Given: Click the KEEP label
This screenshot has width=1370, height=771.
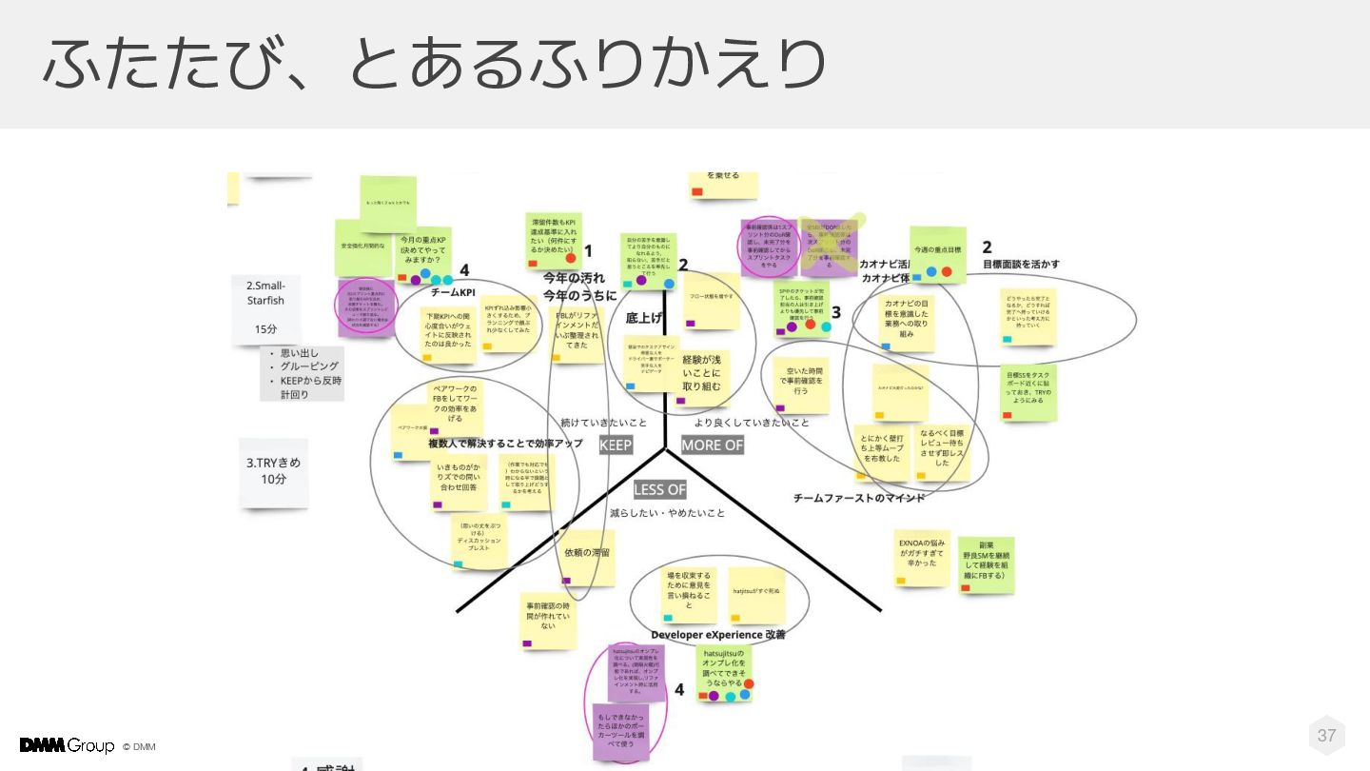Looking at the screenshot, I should click(x=616, y=445).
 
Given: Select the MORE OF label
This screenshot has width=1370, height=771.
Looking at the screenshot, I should click(x=712, y=445).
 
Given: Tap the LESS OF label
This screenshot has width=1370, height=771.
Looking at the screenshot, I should click(x=659, y=489).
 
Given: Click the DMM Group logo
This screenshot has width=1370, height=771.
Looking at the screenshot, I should click(x=67, y=745).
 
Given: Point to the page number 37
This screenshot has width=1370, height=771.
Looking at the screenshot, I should click(x=1326, y=735).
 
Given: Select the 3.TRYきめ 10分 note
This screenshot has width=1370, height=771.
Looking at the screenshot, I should click(x=274, y=471).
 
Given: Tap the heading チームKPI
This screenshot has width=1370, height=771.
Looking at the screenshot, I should click(x=453, y=292).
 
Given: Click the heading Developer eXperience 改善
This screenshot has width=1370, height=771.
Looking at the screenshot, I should click(x=718, y=634).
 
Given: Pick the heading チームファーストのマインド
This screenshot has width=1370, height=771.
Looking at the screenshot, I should click(x=859, y=497).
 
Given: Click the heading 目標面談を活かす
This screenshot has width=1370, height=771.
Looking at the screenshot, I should click(x=1021, y=264).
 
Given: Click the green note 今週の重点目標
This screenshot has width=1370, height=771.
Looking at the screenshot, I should click(x=937, y=252).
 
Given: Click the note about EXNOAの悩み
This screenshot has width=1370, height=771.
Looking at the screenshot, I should click(x=922, y=557).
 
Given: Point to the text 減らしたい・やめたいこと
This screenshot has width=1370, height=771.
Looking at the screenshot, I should click(x=667, y=513).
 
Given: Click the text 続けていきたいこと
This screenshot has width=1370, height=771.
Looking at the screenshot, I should click(x=603, y=422).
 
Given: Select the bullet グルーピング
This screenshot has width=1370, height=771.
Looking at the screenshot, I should click(x=309, y=366).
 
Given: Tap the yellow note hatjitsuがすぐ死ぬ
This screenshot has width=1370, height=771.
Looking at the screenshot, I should click(x=756, y=593).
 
